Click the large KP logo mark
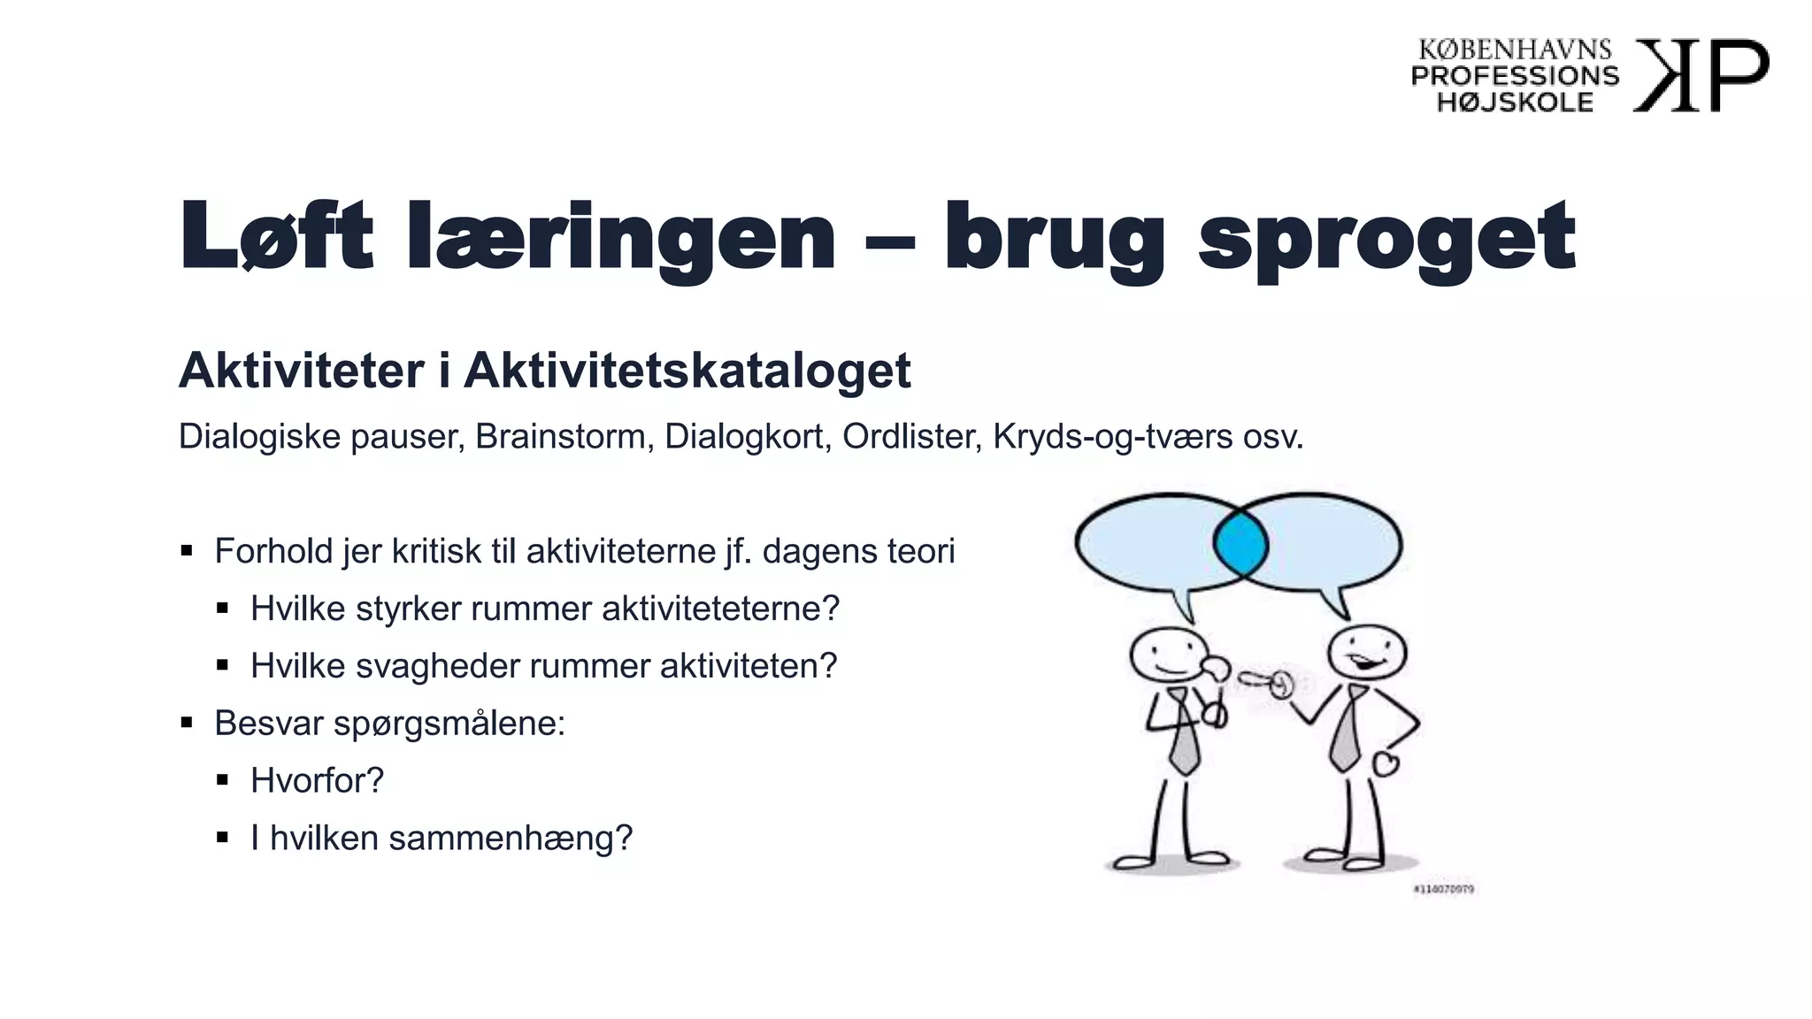[1700, 75]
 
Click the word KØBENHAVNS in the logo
[1515, 50]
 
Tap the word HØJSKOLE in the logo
[1515, 103]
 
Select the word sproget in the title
[1386, 237]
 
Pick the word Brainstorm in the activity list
[560, 437]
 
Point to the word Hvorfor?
[317, 781]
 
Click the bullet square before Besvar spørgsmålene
[187, 724]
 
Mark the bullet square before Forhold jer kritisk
[187, 551]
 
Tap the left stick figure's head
[1168, 655]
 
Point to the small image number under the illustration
[1443, 889]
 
